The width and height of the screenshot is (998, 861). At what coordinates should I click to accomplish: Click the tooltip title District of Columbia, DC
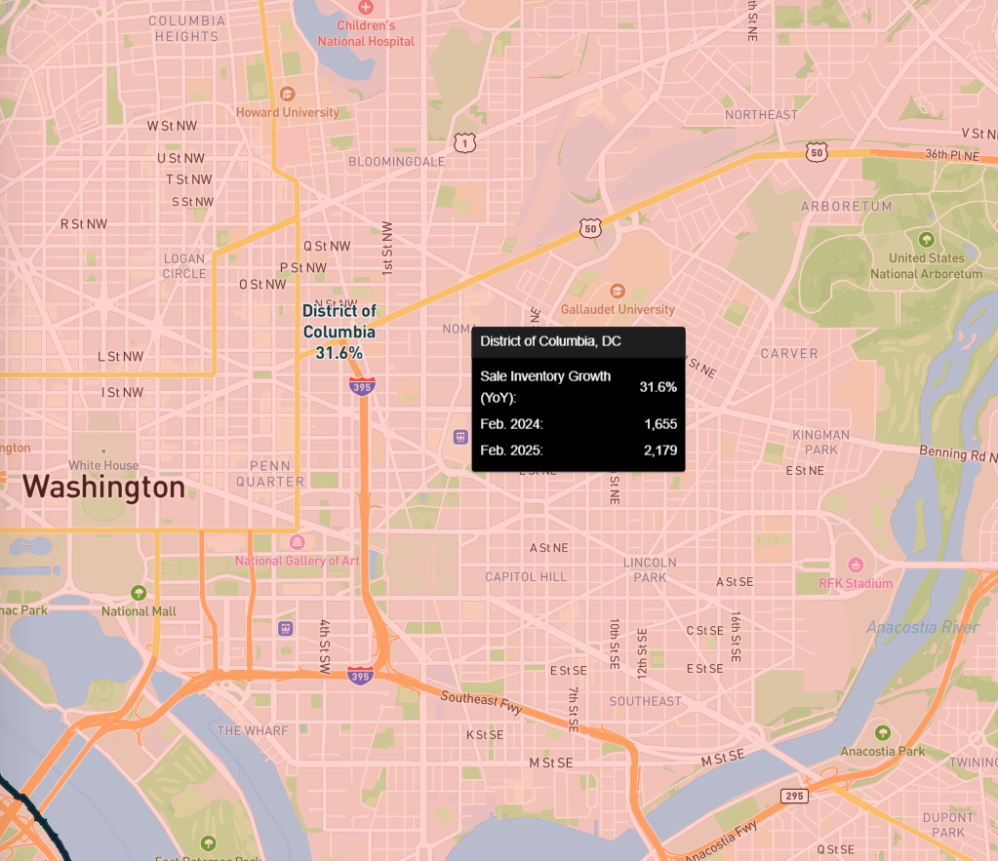(550, 341)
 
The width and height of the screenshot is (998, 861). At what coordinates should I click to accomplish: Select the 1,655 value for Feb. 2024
(660, 424)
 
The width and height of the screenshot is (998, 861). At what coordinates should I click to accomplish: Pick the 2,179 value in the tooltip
(660, 450)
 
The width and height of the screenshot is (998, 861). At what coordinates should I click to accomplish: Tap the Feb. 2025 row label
(511, 450)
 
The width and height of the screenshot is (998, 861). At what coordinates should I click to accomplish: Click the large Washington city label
(103, 487)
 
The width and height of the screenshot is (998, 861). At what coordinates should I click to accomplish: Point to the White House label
(103, 465)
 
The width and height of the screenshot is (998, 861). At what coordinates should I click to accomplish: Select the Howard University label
(288, 112)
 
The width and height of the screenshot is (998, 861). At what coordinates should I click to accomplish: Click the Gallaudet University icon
(617, 291)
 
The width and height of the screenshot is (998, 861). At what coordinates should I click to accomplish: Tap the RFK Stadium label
(856, 583)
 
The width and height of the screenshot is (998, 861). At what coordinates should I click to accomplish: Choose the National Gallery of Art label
(298, 561)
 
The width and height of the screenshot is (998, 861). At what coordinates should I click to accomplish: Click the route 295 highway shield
(794, 796)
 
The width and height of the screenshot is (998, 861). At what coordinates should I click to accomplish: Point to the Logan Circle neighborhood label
(184, 266)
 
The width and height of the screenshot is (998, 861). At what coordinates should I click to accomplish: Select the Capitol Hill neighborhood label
(526, 576)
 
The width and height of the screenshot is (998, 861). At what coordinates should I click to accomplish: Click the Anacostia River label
(922, 627)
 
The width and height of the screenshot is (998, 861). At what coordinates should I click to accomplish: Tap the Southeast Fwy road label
(482, 703)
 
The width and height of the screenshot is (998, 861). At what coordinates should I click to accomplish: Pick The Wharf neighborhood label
(253, 730)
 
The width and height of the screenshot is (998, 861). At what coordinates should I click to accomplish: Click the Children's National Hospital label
(366, 33)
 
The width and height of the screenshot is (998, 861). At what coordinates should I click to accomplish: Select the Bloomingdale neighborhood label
(396, 161)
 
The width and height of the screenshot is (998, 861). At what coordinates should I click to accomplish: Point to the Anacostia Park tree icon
(883, 732)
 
